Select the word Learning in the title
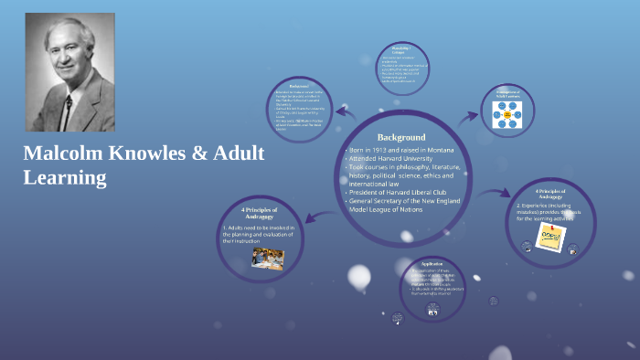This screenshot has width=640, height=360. [65, 177]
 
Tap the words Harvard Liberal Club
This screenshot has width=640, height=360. [423, 192]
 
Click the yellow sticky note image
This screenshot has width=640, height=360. [550, 237]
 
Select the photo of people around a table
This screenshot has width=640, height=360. [268, 259]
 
